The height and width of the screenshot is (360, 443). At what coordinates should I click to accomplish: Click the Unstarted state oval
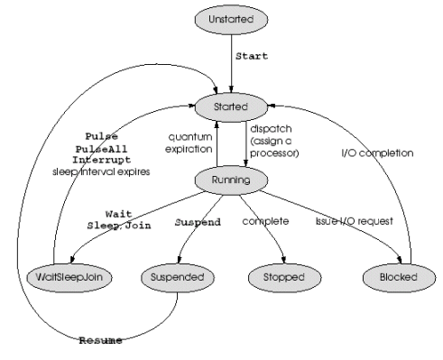click(x=231, y=20)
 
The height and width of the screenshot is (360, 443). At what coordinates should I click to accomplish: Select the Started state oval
click(x=231, y=107)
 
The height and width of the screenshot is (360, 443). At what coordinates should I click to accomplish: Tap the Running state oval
click(x=231, y=180)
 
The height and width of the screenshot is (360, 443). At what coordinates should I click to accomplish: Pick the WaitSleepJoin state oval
click(x=69, y=277)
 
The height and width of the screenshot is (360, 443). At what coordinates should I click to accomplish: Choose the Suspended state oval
click(x=178, y=277)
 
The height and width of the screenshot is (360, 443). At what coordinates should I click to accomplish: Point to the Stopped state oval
click(x=284, y=277)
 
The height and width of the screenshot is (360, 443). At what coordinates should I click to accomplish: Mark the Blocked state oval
click(x=399, y=277)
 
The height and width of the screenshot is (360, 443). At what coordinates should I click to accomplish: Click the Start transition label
click(x=252, y=56)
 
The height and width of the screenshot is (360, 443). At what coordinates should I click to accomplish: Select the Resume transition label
click(x=101, y=340)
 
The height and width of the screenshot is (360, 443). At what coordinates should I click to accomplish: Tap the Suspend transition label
click(x=198, y=222)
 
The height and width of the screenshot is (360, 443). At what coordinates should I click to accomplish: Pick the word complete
click(x=265, y=221)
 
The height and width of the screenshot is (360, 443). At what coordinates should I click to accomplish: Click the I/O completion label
click(x=377, y=153)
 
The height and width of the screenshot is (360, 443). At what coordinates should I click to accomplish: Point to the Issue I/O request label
click(x=355, y=221)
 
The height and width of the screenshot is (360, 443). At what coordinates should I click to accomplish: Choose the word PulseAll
click(x=101, y=149)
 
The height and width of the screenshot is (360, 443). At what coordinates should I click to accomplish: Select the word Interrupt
click(x=101, y=160)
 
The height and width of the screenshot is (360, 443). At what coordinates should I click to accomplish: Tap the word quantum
click(x=190, y=137)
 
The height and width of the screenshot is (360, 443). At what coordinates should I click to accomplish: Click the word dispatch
click(x=271, y=129)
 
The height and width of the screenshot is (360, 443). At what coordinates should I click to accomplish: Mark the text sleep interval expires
click(x=101, y=171)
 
